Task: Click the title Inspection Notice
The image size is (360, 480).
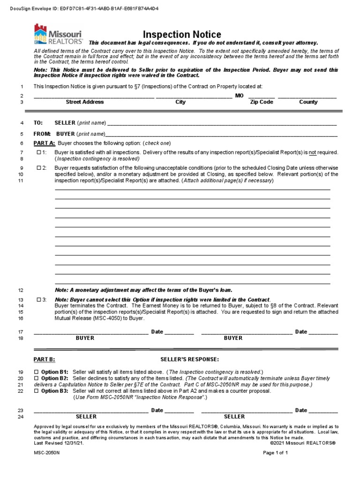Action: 182,35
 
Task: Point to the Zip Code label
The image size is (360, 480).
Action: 261,102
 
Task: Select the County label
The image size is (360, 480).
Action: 308,102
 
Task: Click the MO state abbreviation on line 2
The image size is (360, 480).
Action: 239,95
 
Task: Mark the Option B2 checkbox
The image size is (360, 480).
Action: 37,378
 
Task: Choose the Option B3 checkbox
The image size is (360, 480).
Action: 37,390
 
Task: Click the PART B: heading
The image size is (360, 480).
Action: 44,360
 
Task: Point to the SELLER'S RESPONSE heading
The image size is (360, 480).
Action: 189,360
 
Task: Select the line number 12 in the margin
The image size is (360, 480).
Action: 20,290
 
